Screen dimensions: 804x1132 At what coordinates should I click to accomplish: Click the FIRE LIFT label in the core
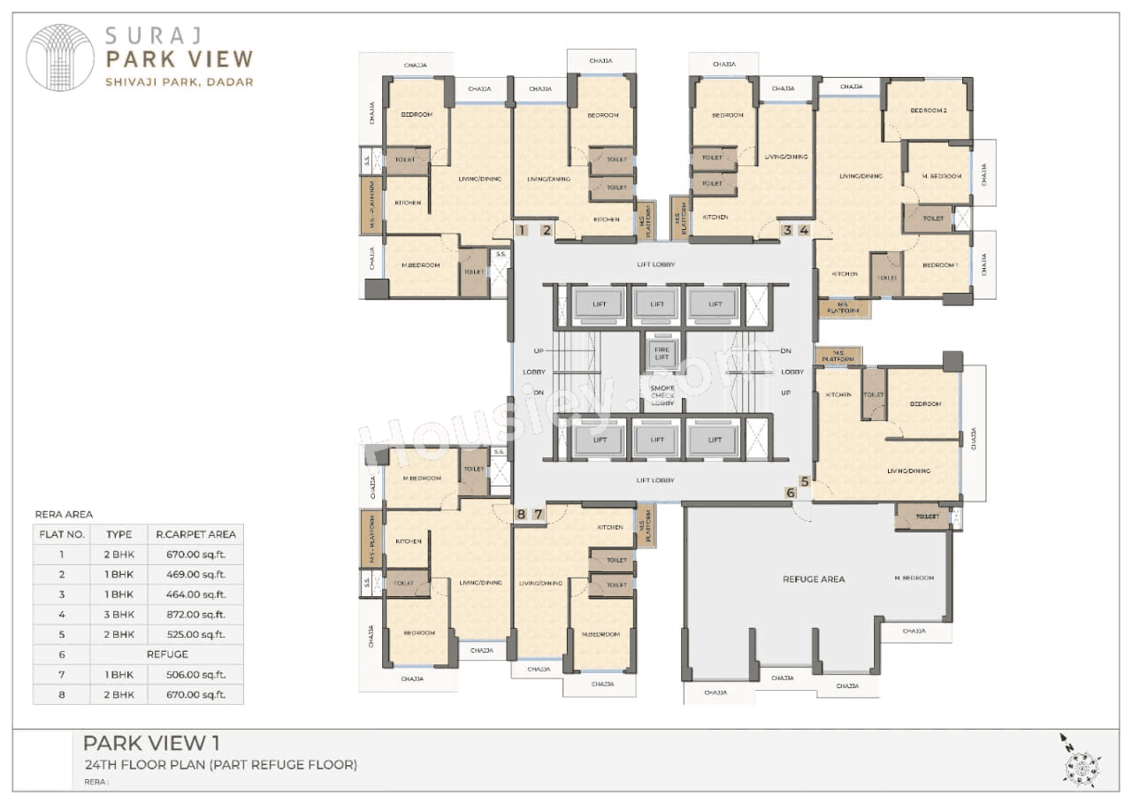click(x=662, y=353)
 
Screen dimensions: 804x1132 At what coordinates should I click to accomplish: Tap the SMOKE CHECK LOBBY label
click(x=662, y=395)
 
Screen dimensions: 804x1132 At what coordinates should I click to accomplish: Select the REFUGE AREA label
click(x=814, y=579)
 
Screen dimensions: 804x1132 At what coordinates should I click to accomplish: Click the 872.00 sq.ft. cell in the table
click(x=195, y=614)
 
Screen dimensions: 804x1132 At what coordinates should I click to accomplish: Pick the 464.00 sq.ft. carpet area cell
click(x=195, y=594)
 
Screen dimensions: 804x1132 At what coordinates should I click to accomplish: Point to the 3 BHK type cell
click(x=119, y=614)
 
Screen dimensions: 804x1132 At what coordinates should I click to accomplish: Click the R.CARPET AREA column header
click(x=195, y=534)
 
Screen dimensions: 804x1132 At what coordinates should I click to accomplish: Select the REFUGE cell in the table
click(x=167, y=655)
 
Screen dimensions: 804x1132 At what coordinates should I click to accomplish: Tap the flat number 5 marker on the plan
click(x=804, y=482)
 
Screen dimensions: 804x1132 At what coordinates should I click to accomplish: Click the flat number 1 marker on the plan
click(x=523, y=231)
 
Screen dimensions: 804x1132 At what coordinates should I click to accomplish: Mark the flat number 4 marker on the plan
click(x=804, y=231)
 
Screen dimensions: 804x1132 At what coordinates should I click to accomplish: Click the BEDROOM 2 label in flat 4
click(x=928, y=111)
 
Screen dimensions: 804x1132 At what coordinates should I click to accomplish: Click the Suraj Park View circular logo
click(x=60, y=57)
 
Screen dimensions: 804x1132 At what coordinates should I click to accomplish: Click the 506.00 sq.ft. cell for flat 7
click(x=195, y=674)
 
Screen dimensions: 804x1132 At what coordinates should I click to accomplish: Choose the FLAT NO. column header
click(x=62, y=534)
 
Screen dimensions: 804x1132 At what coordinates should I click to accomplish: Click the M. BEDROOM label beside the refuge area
click(x=914, y=578)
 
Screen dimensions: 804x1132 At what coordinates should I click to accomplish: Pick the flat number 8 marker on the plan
click(x=522, y=514)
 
